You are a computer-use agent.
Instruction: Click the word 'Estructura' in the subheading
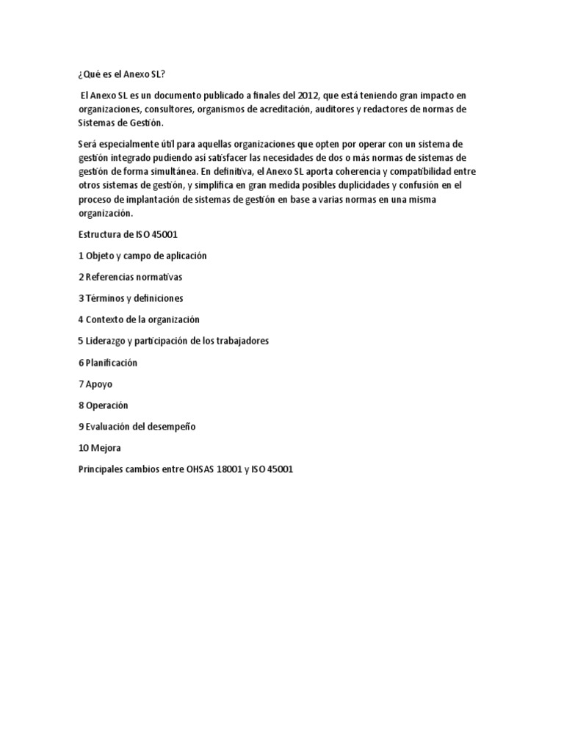tap(100, 234)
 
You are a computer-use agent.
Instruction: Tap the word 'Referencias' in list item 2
tap(112, 277)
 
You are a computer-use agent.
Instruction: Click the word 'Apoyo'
tap(99, 383)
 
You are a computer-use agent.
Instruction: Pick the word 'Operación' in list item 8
tap(107, 405)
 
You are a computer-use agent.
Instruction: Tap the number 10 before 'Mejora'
tap(82, 447)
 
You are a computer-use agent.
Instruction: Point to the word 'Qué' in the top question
tap(90, 75)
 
